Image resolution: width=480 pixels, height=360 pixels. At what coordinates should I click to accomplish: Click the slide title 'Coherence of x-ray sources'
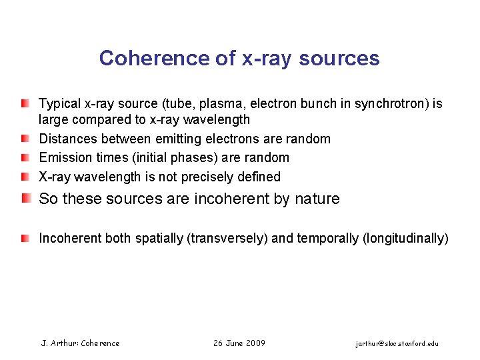tap(239, 58)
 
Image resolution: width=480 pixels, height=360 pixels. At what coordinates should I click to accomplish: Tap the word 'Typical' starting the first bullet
tap(60, 104)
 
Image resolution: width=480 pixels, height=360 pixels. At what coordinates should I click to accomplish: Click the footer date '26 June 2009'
tap(239, 343)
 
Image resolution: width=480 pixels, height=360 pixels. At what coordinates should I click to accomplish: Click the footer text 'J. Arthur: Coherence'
tap(80, 343)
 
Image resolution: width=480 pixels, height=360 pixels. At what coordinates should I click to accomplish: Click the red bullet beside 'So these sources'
tap(25, 199)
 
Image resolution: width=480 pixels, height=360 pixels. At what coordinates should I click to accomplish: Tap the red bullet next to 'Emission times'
tap(25, 157)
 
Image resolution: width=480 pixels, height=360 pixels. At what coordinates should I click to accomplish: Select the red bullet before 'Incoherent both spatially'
tap(25, 238)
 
